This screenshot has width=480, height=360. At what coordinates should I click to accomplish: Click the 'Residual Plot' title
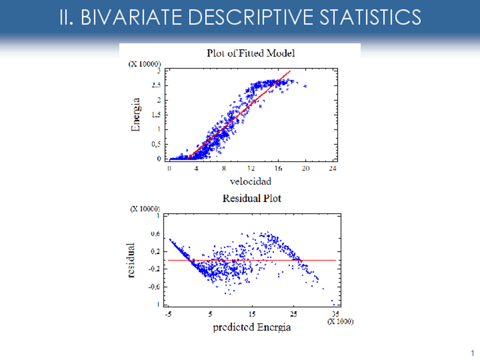pyautogui.click(x=251, y=199)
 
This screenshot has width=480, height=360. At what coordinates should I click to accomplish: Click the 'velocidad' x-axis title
pyautogui.click(x=250, y=181)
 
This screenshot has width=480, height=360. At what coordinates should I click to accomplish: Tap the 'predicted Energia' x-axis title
pyautogui.click(x=252, y=327)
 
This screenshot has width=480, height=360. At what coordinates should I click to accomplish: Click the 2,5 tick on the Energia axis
pyautogui.click(x=156, y=85)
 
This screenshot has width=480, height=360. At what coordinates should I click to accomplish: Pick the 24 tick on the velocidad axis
pyautogui.click(x=333, y=169)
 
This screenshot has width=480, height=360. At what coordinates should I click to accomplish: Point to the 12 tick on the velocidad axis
pyautogui.click(x=251, y=169)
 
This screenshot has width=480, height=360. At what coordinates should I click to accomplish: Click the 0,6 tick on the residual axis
pyautogui.click(x=155, y=233)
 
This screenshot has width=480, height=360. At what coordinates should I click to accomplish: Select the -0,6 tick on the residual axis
pyautogui.click(x=153, y=286)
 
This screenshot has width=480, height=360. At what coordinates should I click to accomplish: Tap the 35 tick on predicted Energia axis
pyautogui.click(x=336, y=314)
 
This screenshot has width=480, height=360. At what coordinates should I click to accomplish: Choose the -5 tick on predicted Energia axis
pyautogui.click(x=168, y=314)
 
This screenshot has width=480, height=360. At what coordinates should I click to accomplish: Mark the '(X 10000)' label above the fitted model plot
pyautogui.click(x=145, y=63)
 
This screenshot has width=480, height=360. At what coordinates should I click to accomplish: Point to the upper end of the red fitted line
pyautogui.click(x=290, y=71)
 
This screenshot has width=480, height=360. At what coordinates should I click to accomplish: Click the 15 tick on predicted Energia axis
pyautogui.click(x=252, y=314)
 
